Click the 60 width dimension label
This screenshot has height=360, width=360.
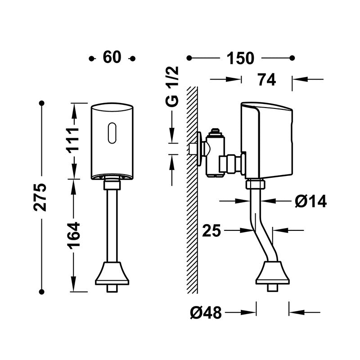tap(112, 58)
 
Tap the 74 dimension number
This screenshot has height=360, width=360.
tap(266, 80)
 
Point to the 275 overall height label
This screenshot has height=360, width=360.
tap(41, 197)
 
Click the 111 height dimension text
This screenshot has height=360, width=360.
tap(73, 140)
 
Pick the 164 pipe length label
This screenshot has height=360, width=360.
tap(73, 234)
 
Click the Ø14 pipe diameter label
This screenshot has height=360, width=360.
tap(310, 202)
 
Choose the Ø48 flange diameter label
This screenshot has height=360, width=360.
tap(206, 312)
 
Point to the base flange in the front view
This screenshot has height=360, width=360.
tap(112, 274)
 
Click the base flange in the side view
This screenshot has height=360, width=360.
tap(273, 274)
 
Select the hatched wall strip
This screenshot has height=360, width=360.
tap(193, 189)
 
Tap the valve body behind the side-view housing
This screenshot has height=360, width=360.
tap(216, 153)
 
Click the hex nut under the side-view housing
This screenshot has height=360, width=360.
tap(255, 184)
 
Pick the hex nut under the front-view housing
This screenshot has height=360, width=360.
tap(112, 184)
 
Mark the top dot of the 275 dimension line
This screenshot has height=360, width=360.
tap(41, 103)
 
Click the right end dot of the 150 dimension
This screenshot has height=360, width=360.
tap(292, 58)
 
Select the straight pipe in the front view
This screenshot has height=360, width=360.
tap(112, 225)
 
